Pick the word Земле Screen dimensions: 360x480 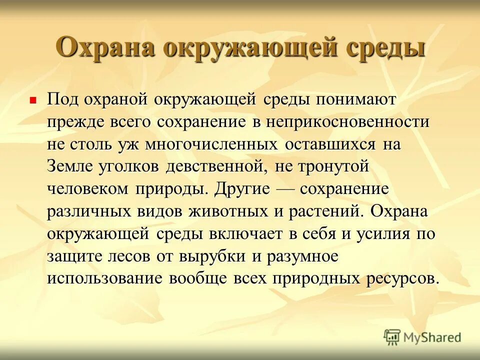[67, 167]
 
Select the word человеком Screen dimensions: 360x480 [87, 189]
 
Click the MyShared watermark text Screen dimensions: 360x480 [432, 337]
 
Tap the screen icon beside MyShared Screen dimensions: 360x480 [392, 337]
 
